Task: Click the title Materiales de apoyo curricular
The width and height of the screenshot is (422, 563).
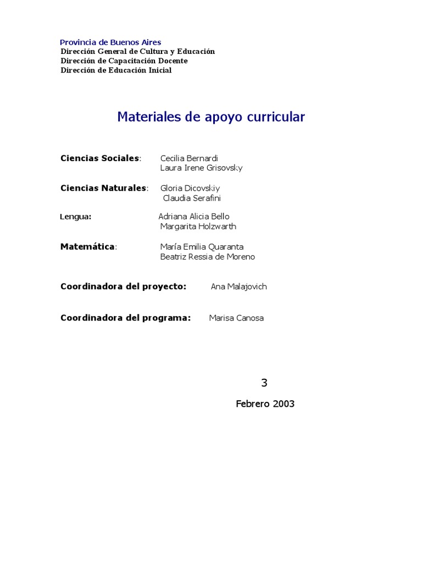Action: pos(210,117)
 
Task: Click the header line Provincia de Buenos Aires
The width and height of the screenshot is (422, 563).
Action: pos(110,42)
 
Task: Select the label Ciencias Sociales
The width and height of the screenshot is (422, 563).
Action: pos(101,158)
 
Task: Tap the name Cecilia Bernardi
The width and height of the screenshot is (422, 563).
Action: pos(189,158)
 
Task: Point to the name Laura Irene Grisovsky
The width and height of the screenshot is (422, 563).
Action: pos(201,168)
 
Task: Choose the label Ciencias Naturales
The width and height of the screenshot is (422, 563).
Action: pos(104,188)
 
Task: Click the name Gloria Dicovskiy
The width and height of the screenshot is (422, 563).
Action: pos(190,188)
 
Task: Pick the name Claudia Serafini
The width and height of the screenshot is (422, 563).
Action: pos(192,198)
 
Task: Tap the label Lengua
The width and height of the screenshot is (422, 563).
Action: pos(75,217)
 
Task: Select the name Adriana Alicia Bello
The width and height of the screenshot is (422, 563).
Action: pos(194,217)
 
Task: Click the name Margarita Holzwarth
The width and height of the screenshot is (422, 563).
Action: pos(198,226)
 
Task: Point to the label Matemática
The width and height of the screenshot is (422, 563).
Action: pos(88,247)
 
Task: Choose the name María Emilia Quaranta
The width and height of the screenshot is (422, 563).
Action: pos(202,247)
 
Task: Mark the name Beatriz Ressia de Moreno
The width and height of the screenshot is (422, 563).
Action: pos(207,257)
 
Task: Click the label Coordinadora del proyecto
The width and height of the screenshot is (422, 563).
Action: pos(124,286)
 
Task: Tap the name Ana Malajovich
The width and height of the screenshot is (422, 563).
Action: pos(238,286)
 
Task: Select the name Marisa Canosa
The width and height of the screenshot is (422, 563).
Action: pos(236,318)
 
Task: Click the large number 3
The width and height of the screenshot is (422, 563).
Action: pos(264,383)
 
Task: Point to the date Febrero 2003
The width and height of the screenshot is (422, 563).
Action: pos(265,404)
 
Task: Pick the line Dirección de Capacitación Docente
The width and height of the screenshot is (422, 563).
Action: pos(124,60)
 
